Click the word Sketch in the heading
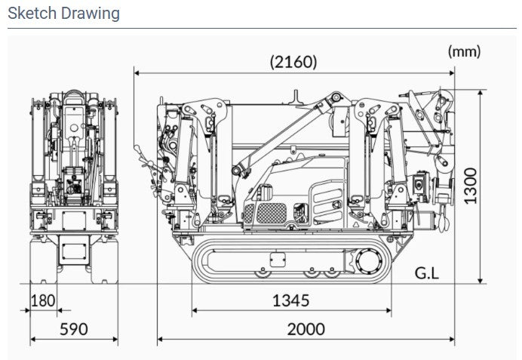(x=32, y=14)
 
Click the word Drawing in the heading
(x=91, y=14)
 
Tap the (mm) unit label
(x=464, y=51)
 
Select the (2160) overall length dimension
(x=293, y=62)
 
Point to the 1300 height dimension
(x=470, y=186)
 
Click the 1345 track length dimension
(x=291, y=300)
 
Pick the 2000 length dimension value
(x=306, y=329)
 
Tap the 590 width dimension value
(x=74, y=329)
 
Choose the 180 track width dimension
(x=43, y=300)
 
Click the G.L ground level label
(x=427, y=273)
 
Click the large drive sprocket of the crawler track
(x=369, y=261)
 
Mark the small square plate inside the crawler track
(x=278, y=260)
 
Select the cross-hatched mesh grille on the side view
(x=272, y=213)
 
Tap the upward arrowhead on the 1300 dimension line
(x=480, y=93)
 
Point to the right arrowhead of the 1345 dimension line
(x=388, y=310)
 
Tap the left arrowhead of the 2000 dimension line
(x=160, y=340)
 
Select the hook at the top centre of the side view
(x=295, y=97)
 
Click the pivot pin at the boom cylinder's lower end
(x=236, y=171)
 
